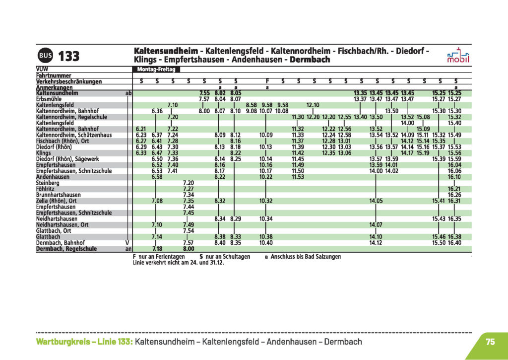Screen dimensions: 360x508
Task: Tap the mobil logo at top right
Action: tap(457, 56)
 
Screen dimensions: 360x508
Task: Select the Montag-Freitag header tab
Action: tap(153, 70)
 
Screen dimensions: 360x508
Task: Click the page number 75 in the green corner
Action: tap(490, 342)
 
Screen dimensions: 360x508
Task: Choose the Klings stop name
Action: tap(44, 153)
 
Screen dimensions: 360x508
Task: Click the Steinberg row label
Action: tap(47, 183)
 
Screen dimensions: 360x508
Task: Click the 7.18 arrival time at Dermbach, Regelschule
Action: tap(157, 249)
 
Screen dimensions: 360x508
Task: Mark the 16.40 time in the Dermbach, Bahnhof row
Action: tap(454, 243)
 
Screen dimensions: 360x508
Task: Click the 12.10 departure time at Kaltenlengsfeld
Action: tap(313, 105)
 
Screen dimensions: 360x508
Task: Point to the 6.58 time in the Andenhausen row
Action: tap(157, 177)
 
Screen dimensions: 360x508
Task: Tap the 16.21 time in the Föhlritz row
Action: tap(454, 189)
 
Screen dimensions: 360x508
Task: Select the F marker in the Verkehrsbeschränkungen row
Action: tap(267, 81)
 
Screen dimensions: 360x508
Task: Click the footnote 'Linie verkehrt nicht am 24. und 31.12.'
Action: tap(179, 262)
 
